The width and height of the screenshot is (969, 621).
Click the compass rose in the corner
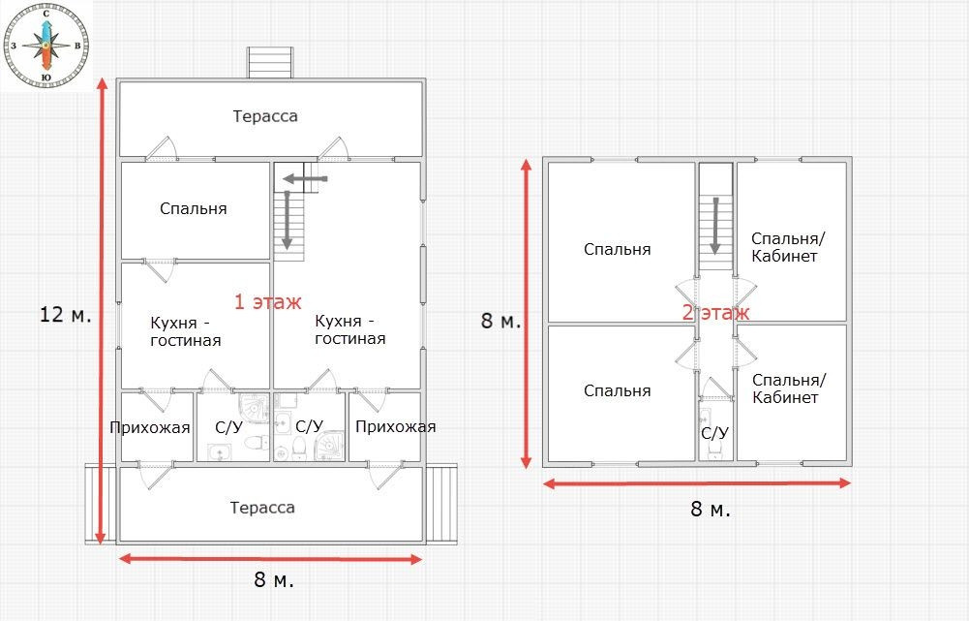(45, 46)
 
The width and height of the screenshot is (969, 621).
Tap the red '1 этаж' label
(267, 302)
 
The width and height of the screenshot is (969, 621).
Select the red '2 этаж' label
(715, 312)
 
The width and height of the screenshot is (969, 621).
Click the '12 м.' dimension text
(66, 314)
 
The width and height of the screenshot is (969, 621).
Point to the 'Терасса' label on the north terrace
(265, 116)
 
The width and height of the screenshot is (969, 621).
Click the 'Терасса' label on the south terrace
(262, 508)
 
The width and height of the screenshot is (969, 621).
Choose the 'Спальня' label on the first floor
(194, 209)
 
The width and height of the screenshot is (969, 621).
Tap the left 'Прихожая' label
(149, 427)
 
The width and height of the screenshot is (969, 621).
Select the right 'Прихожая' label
(396, 427)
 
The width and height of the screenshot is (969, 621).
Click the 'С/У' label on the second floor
(715, 433)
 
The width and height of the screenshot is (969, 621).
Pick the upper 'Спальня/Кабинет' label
(789, 247)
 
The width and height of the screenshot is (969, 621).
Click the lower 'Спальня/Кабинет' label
(789, 388)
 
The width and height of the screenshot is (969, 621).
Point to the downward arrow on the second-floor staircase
(715, 226)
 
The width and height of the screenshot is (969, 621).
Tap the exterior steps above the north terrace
(270, 62)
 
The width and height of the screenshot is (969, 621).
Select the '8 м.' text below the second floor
(711, 509)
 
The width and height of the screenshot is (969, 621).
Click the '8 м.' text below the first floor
(274, 580)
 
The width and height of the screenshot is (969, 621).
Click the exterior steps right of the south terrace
(442, 504)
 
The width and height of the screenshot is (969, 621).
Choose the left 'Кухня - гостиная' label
(186, 331)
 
